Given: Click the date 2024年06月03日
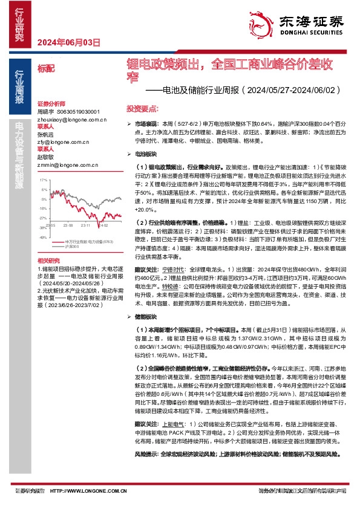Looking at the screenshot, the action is point(68,42).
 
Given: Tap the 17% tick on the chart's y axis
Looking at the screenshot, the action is point(43,181).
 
